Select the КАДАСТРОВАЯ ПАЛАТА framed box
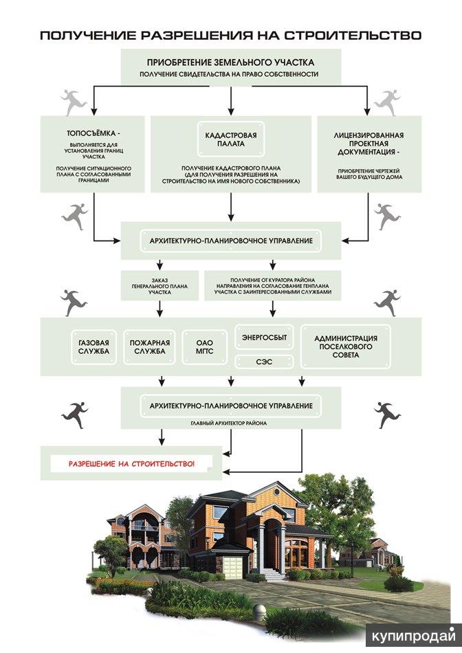[x=231, y=140]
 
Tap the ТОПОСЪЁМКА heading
[x=93, y=133]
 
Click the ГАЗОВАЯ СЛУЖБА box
[x=93, y=347]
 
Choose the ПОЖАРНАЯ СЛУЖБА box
[x=150, y=347]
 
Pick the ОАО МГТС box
[x=205, y=347]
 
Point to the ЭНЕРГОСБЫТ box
[x=265, y=337]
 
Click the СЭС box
[x=265, y=362]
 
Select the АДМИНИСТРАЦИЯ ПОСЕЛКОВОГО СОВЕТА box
[x=346, y=346]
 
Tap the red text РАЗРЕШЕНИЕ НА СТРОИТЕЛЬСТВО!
[x=131, y=463]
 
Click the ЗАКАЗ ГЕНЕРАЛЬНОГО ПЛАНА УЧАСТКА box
[x=159, y=286]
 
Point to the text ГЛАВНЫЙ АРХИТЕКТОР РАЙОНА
[x=229, y=423]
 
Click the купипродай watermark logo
[x=412, y=636]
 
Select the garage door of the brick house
[x=233, y=567]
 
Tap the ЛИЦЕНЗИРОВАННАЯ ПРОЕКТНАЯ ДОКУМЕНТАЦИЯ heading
[x=368, y=144]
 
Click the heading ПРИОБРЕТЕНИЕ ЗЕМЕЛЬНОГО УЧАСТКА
[x=231, y=63]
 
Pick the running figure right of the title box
[x=386, y=102]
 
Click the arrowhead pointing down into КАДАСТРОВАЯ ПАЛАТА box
[x=231, y=111]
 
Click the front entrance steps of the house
[x=274, y=575]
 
